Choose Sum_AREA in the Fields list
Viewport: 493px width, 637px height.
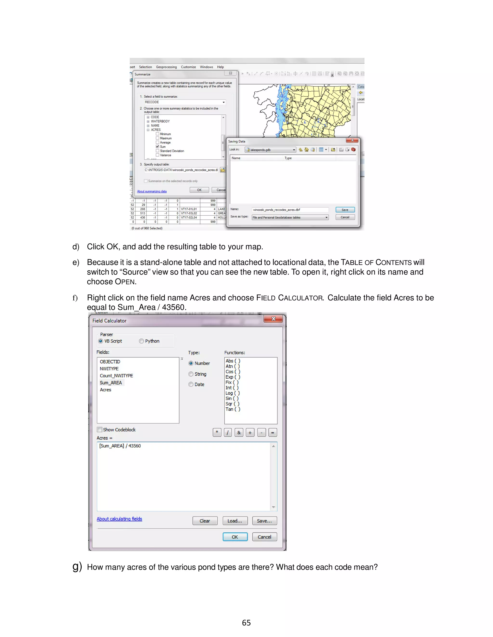111,383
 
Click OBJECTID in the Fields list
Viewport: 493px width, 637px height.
110,362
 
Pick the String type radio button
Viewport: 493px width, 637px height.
191,374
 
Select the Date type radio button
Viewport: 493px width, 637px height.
191,384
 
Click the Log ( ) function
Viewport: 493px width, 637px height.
233,393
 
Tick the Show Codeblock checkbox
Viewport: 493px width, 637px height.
100,430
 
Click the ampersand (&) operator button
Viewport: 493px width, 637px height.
239,432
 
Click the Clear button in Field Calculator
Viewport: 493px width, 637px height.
205,521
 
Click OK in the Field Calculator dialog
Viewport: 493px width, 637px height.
235,537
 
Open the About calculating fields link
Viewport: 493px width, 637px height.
119,519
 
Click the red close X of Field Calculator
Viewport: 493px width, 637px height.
273,319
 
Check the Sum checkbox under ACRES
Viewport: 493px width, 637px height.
157,147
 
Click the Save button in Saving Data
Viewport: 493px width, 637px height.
345,210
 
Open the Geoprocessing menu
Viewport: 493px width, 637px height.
166,67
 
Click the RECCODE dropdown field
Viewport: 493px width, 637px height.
185,102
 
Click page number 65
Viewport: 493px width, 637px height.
246,623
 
